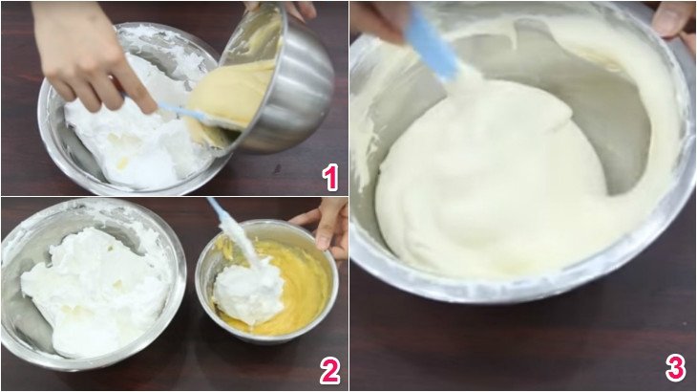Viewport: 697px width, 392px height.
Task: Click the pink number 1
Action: click(x=330, y=177)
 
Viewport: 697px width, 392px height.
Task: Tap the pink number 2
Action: click(x=329, y=371)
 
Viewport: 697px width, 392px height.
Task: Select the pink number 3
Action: click(x=675, y=368)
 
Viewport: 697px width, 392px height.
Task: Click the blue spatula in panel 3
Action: click(x=432, y=44)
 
